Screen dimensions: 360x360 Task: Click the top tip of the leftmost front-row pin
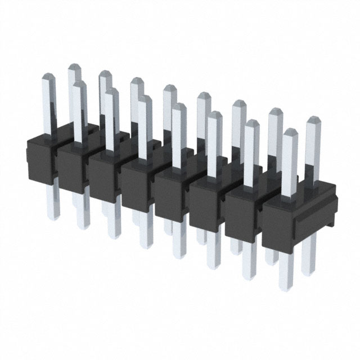point(47,79)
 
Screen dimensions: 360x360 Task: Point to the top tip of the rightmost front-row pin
point(289,132)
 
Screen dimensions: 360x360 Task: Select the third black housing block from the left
point(105,177)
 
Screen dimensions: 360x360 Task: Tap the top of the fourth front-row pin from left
point(145,98)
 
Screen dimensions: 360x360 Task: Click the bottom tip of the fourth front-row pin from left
point(146,245)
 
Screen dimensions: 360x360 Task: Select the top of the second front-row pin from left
point(79,84)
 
